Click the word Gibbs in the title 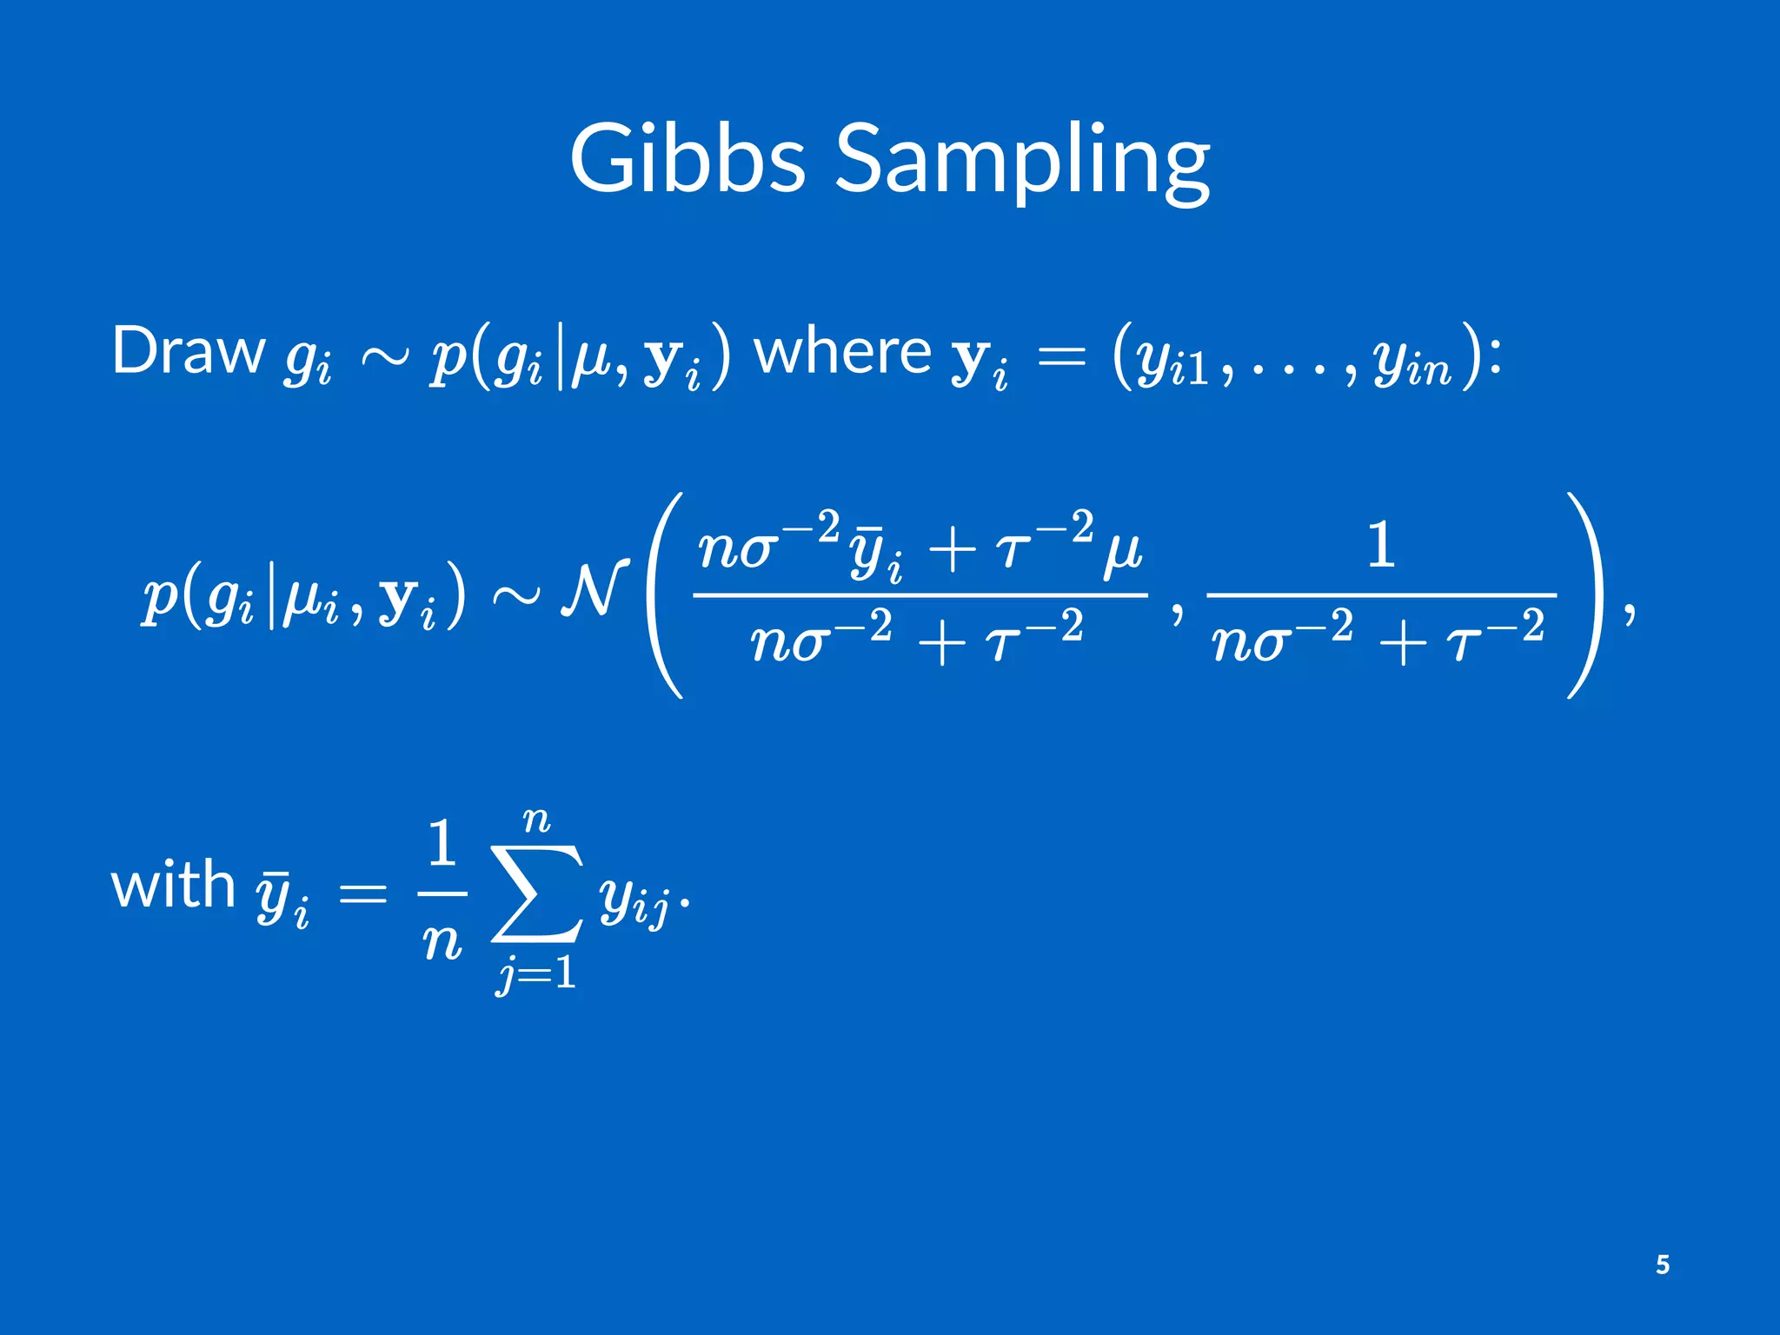click(x=687, y=159)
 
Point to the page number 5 click(x=1662, y=1265)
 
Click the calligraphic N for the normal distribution click(x=594, y=590)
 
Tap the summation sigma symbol click(x=537, y=893)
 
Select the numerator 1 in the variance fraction click(x=1381, y=546)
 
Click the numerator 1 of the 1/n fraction click(x=442, y=843)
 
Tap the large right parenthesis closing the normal click(x=1584, y=594)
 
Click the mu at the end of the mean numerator click(x=1122, y=553)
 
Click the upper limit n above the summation click(x=536, y=820)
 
